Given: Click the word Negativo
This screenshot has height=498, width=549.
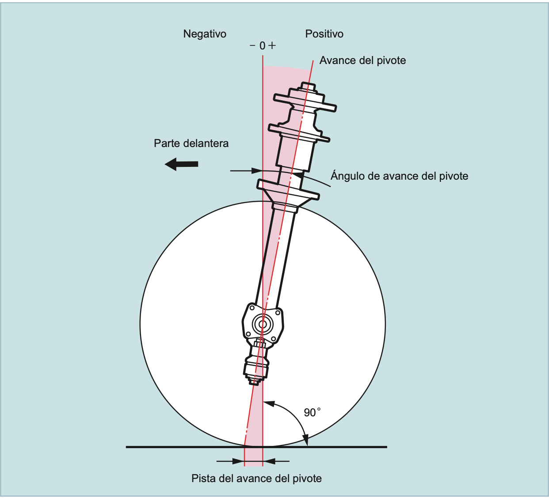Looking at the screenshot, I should [205, 34].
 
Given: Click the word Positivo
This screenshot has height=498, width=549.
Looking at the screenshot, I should [324, 34].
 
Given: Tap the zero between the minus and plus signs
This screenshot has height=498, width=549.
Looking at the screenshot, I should [263, 45].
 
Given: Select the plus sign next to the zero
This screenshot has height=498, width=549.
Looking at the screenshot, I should [272, 45].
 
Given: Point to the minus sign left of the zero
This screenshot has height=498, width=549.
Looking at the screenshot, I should [252, 45].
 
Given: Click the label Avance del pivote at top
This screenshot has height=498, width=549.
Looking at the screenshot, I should [362, 60].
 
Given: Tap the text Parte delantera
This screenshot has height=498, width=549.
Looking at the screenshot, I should [191, 143].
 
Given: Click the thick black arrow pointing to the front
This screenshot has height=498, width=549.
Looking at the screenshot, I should [182, 164].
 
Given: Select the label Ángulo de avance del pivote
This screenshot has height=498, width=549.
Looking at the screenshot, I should [399, 176].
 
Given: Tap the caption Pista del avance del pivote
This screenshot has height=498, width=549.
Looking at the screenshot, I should [256, 479].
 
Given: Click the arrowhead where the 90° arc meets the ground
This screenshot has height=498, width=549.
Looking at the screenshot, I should [305, 440].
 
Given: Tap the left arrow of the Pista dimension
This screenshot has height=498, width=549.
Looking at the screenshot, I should [239, 461].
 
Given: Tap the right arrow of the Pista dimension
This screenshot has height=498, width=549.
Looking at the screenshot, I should [269, 461].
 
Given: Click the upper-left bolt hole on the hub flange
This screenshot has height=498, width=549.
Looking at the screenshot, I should [252, 307].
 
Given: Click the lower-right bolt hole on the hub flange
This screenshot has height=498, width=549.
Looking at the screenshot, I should [273, 339].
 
